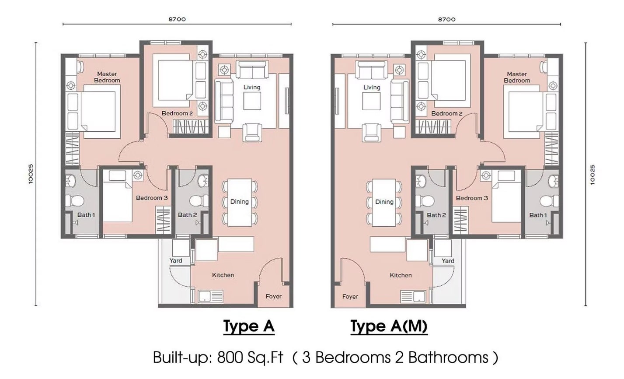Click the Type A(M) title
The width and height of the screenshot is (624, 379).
(x=389, y=326)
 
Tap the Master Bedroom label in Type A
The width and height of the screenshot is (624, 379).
(x=107, y=77)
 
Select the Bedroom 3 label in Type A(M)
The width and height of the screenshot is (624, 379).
(x=472, y=198)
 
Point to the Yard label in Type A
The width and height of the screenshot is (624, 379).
(x=176, y=260)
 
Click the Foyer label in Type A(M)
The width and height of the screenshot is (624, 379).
(x=350, y=296)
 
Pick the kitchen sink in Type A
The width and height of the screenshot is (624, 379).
(x=210, y=296)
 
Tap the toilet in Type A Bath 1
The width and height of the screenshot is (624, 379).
(x=75, y=200)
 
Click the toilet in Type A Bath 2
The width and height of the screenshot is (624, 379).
(x=199, y=200)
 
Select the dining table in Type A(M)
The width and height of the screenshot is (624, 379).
(x=384, y=203)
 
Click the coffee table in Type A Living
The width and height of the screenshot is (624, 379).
(x=252, y=101)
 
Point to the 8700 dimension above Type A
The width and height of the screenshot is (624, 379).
(x=177, y=19)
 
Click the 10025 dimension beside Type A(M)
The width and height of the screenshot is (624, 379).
(x=593, y=175)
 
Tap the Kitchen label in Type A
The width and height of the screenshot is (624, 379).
(x=223, y=275)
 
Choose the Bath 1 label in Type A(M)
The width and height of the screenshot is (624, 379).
(x=538, y=215)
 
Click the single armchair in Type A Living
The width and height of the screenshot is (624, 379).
(x=252, y=132)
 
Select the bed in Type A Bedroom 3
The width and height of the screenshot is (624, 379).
(x=117, y=196)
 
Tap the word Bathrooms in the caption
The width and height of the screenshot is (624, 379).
(x=448, y=357)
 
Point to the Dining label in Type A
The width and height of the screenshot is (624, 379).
(x=240, y=201)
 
